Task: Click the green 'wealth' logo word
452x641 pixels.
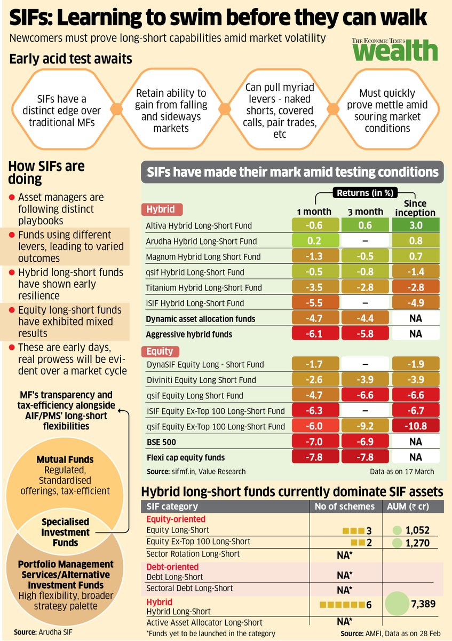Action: coord(394,52)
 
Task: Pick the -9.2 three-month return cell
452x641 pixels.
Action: coord(366,427)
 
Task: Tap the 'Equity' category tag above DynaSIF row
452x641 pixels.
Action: coord(160,351)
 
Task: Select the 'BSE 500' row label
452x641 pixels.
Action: coord(162,442)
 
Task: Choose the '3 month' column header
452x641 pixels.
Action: coord(366,212)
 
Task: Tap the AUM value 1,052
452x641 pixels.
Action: coord(418,530)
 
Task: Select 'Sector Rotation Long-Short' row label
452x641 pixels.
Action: coord(193,554)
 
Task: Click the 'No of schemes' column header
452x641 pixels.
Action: coord(344,506)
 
